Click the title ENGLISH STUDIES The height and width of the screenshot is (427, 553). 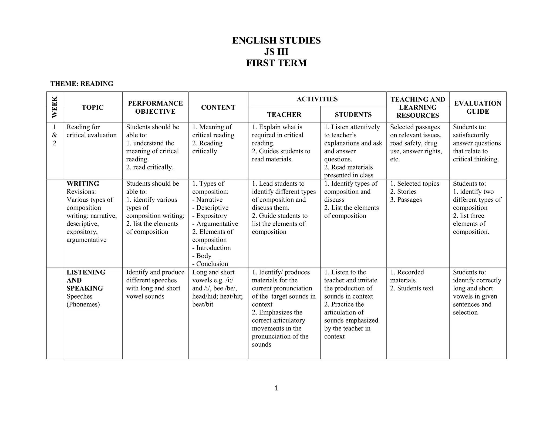click(x=276, y=40)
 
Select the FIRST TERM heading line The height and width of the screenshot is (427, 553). click(x=276, y=63)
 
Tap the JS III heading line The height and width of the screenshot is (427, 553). click(x=276, y=52)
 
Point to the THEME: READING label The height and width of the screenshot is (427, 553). click(x=82, y=84)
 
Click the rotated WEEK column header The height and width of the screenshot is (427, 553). click(x=55, y=107)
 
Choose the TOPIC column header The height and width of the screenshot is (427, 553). click(x=93, y=107)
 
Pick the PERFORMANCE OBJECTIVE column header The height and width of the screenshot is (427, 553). click(x=155, y=107)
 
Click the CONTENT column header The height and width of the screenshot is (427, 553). click(x=218, y=107)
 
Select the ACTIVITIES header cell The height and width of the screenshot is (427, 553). click(x=317, y=99)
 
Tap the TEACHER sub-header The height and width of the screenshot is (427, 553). click(x=284, y=115)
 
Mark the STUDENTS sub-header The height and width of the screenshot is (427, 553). click(x=353, y=115)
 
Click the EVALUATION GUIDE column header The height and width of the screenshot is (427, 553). click(x=478, y=107)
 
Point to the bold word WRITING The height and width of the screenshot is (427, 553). click(x=83, y=184)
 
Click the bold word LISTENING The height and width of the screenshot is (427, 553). click(x=86, y=272)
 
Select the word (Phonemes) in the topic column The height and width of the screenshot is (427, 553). click(x=83, y=304)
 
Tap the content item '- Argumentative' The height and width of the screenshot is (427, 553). click(x=215, y=224)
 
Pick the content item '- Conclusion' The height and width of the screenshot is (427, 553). click(x=210, y=264)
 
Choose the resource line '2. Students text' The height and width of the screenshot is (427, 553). click(x=412, y=288)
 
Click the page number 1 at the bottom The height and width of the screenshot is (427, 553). click(x=276, y=388)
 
